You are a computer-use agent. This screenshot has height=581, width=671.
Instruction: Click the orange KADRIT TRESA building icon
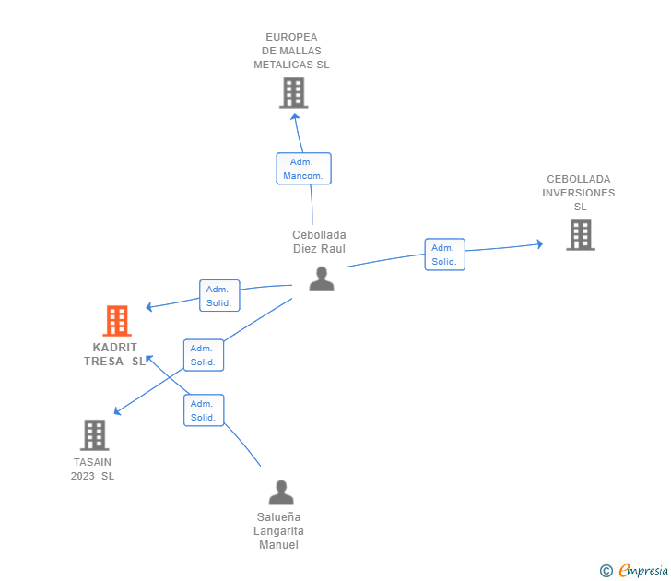[x=117, y=321]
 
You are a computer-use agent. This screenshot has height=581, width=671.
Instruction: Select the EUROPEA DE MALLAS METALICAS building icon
[x=293, y=93]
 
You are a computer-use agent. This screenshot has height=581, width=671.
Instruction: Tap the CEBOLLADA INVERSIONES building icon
[x=581, y=235]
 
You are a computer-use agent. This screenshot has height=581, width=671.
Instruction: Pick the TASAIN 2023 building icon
[x=95, y=435]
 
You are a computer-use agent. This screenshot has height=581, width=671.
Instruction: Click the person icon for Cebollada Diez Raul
[x=322, y=279]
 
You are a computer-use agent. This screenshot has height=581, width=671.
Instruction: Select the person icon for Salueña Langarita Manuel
[x=281, y=492]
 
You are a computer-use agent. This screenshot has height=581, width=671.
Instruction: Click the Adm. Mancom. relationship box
[x=304, y=169]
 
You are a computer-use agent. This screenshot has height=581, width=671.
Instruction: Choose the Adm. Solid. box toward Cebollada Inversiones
[x=444, y=255]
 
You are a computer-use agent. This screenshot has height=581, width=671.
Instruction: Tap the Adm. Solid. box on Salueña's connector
[x=204, y=410]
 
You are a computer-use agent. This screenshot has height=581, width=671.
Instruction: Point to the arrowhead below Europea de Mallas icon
[x=295, y=117]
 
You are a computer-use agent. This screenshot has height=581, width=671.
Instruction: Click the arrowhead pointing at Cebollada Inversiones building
[x=540, y=244]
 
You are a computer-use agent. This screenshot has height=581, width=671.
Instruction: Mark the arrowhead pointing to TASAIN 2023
[x=117, y=411]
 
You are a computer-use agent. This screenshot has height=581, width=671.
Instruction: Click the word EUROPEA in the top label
[x=291, y=37]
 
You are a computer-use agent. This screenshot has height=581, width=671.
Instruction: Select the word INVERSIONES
[x=579, y=193]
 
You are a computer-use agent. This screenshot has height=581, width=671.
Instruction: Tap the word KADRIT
[x=114, y=348]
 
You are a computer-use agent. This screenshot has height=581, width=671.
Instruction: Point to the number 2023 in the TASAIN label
[x=83, y=476]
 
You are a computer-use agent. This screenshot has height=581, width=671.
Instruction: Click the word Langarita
[x=278, y=531]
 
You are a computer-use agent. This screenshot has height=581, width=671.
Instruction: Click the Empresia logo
[x=643, y=570]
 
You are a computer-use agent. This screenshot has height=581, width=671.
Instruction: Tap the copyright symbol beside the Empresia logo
[x=606, y=571]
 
